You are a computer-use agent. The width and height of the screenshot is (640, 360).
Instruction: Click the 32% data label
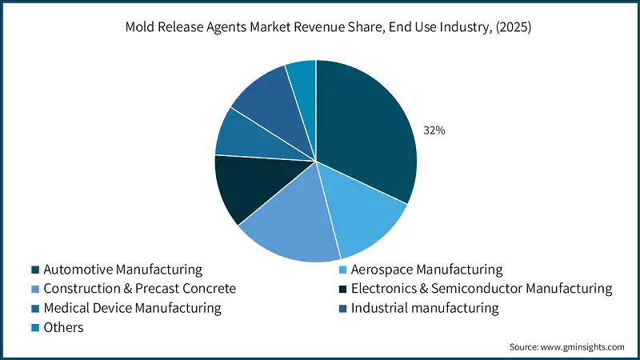pyautogui.click(x=434, y=130)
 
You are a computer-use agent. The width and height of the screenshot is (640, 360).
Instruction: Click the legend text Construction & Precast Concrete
pyautogui.click(x=140, y=289)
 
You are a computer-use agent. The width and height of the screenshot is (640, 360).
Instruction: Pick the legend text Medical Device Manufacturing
pyautogui.click(x=132, y=308)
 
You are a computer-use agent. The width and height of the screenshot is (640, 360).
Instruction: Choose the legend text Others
pyautogui.click(x=63, y=327)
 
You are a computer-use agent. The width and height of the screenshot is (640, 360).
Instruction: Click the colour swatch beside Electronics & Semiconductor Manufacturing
pyautogui.click(x=344, y=289)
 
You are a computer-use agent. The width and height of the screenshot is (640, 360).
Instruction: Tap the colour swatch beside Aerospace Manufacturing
pyautogui.click(x=344, y=270)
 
